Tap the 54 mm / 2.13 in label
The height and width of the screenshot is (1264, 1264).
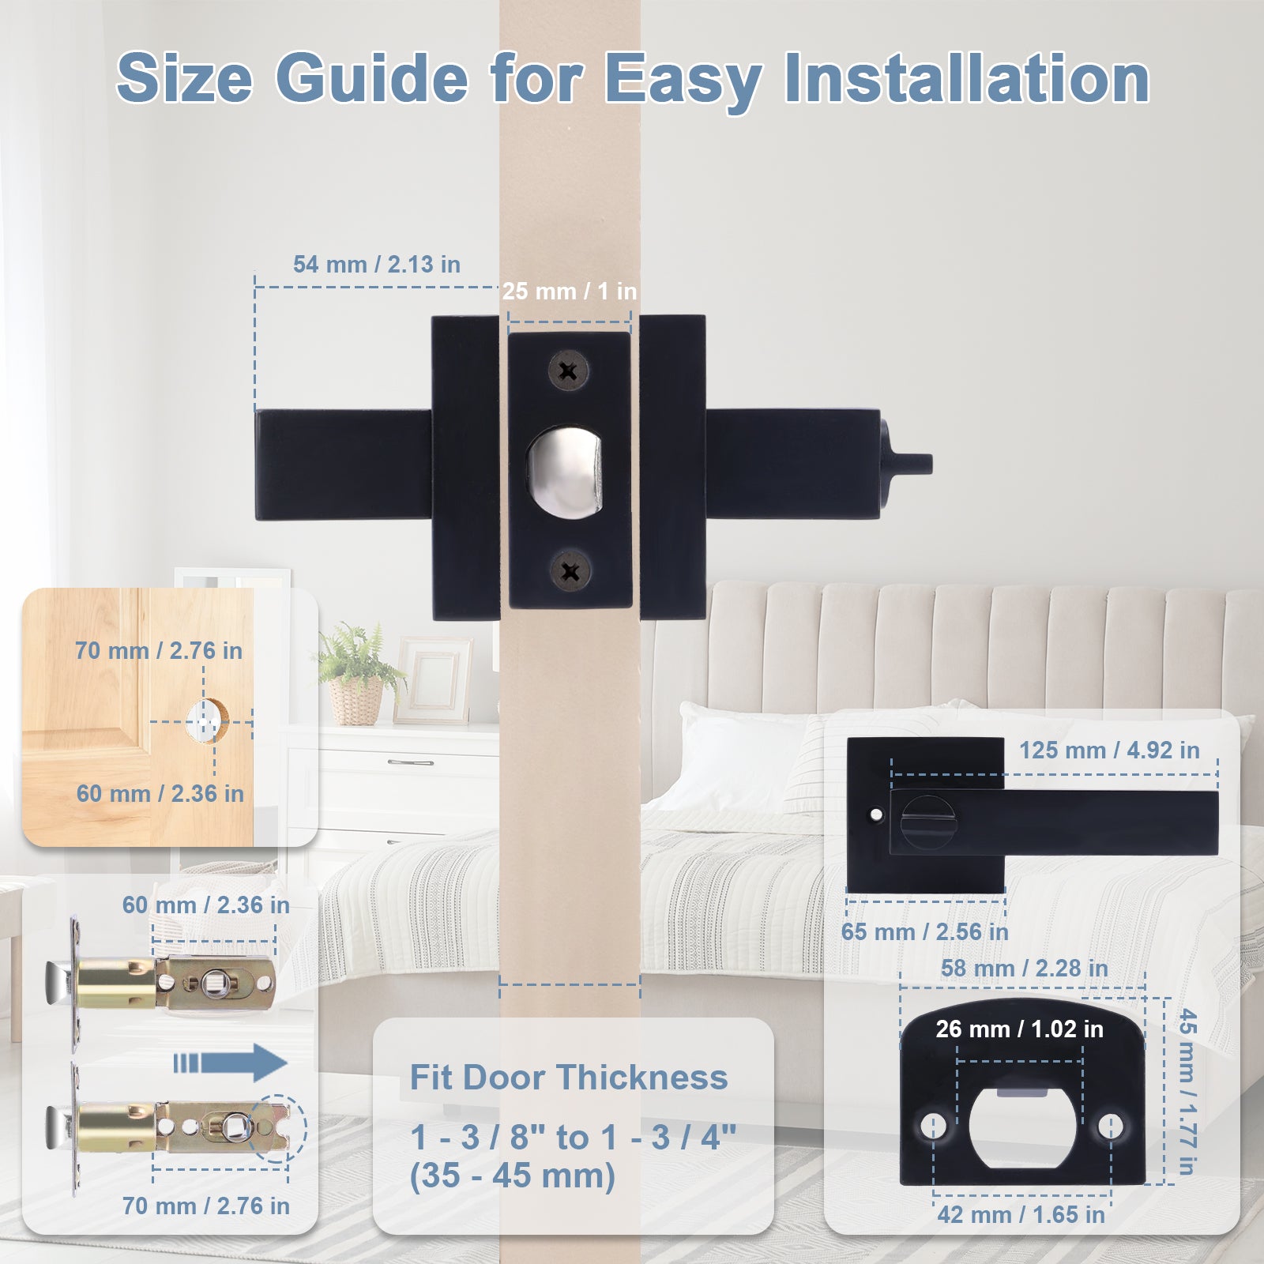pyautogui.click(x=376, y=265)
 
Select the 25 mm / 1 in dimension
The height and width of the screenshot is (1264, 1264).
pyautogui.click(x=569, y=292)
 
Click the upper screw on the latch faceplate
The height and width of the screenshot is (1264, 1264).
pyautogui.click(x=568, y=371)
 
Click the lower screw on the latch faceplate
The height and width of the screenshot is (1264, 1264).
pyautogui.click(x=570, y=571)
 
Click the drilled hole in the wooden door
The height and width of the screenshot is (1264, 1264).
pyautogui.click(x=207, y=720)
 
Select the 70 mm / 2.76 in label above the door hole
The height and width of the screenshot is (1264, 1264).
pyautogui.click(x=158, y=651)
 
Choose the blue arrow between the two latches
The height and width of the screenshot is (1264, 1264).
pyautogui.click(x=231, y=1063)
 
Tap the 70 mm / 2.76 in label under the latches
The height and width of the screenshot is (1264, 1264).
pyautogui.click(x=205, y=1206)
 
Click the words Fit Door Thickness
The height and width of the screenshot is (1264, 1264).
pyautogui.click(x=568, y=1078)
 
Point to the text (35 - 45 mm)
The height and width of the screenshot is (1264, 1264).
pyautogui.click(x=512, y=1176)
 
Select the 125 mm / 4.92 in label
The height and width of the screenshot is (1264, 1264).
pyautogui.click(x=1108, y=750)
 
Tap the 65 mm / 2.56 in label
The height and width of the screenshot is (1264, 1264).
pyautogui.click(x=924, y=932)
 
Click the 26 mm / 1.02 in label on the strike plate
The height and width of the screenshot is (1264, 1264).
pyautogui.click(x=1019, y=1029)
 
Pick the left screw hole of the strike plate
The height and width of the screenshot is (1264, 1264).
pyautogui.click(x=933, y=1123)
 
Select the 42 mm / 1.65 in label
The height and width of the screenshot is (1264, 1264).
pyautogui.click(x=1021, y=1214)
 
